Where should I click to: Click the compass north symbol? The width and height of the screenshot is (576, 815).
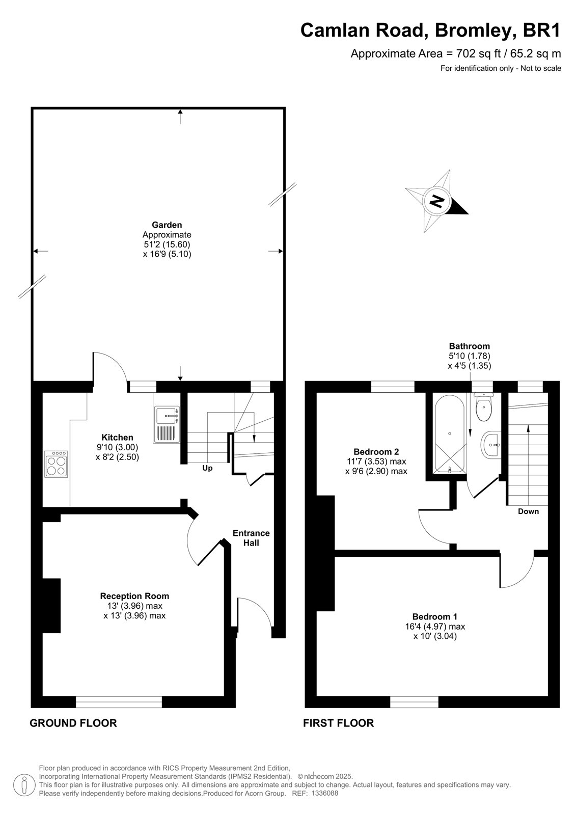[x=437, y=201]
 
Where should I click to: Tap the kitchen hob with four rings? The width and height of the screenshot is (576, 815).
[x=56, y=464]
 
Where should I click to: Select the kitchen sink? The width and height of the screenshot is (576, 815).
[x=167, y=424]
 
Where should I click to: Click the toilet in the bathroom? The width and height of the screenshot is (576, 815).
[x=484, y=407]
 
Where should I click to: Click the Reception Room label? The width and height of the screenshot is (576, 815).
[x=134, y=596]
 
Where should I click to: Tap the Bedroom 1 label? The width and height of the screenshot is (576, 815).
[x=435, y=617]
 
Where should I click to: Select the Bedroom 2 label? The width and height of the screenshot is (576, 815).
[x=376, y=452]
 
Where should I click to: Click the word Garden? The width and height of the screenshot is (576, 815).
[x=167, y=225]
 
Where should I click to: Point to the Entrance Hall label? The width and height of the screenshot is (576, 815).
[x=251, y=538]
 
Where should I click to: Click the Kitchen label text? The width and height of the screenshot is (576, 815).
[x=117, y=438]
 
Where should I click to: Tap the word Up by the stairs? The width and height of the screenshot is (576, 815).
[x=207, y=469]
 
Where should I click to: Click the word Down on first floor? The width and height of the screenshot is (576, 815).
[x=528, y=511]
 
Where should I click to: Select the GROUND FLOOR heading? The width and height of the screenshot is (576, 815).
[x=73, y=723]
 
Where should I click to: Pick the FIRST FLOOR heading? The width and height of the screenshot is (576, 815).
[x=338, y=723]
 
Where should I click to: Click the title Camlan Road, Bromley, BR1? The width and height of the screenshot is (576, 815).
[x=430, y=31]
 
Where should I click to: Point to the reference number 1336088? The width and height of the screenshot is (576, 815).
[x=325, y=793]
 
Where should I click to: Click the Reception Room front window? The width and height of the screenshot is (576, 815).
[x=119, y=702]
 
